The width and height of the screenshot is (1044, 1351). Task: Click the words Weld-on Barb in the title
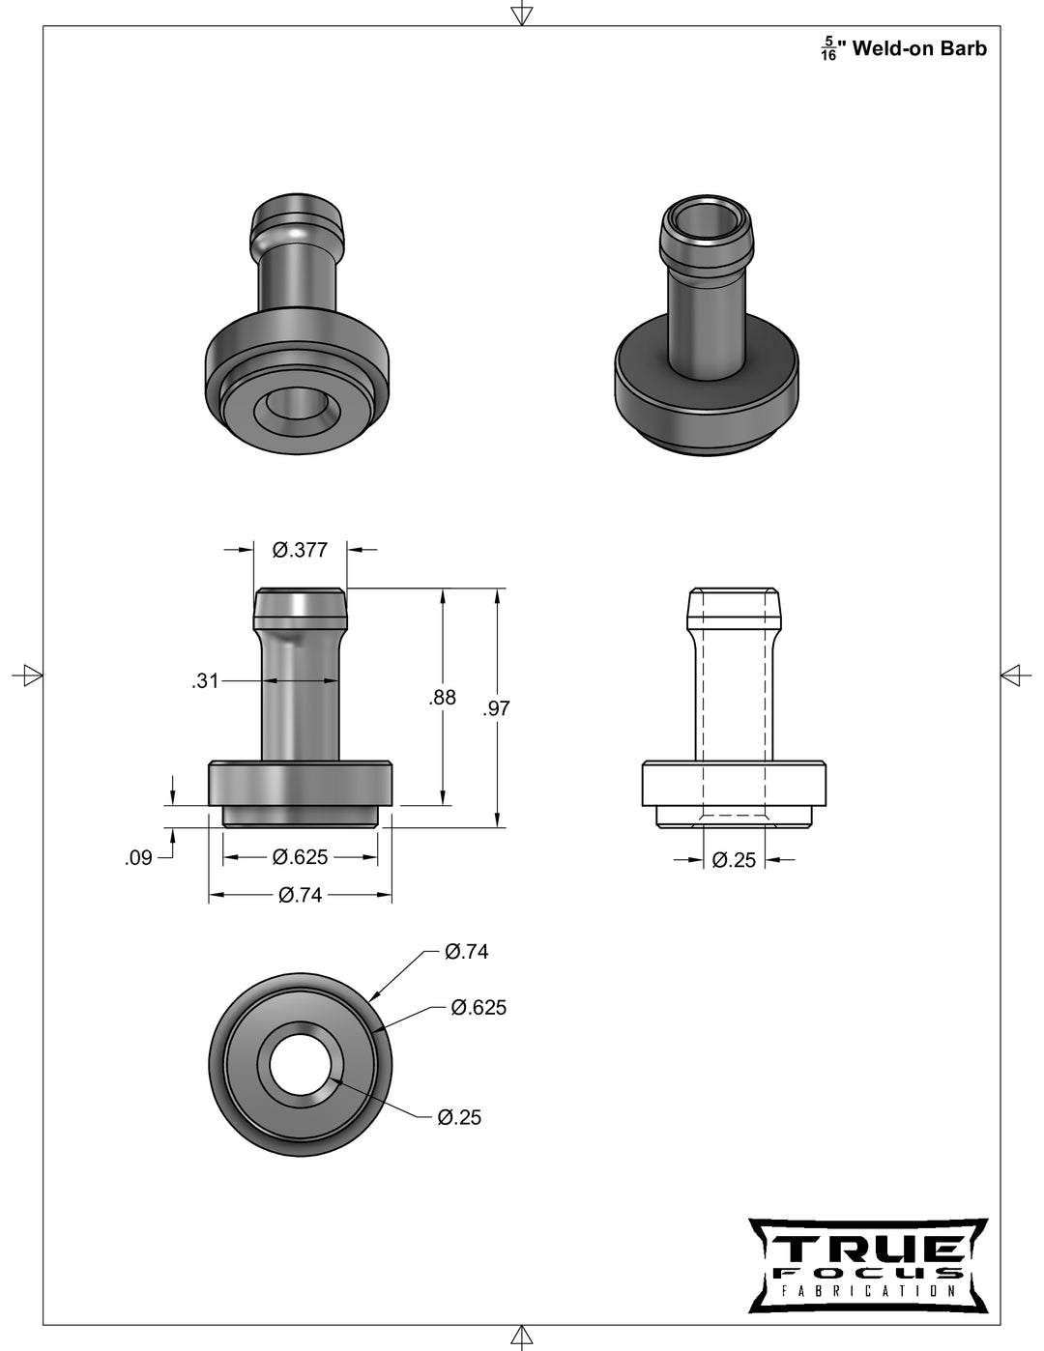point(919,48)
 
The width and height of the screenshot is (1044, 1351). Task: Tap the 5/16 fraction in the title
point(828,49)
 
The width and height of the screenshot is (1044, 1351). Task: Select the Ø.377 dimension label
point(300,550)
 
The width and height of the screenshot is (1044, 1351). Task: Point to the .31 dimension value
point(205,681)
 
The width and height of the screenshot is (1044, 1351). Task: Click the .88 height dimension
point(442,697)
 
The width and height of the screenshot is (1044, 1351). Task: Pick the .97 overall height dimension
point(496,708)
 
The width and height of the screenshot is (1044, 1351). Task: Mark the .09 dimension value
point(139,857)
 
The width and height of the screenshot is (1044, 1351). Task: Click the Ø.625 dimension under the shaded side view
point(300,857)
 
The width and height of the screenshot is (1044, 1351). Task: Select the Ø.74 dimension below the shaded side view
point(300,895)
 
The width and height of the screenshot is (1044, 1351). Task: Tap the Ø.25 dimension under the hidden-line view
point(734,859)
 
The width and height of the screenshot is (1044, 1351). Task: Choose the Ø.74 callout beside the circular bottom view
point(466,952)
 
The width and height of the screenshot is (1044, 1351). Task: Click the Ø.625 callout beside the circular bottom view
point(478,1008)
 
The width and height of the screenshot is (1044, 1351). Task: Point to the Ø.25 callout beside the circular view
point(458,1117)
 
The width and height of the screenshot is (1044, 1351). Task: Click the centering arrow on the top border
point(521,14)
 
